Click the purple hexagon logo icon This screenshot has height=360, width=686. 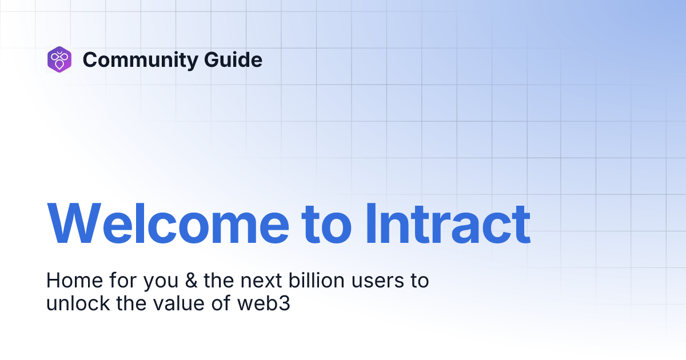point(59,59)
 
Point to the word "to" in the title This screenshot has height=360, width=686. point(326,224)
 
